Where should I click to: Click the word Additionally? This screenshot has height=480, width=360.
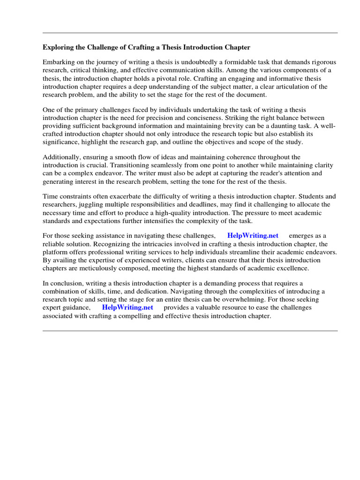[x=61, y=157]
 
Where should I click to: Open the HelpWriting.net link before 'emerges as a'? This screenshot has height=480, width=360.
[x=253, y=236]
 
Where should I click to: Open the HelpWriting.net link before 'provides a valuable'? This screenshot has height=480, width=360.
[x=127, y=307]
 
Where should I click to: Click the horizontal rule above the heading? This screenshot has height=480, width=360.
[x=190, y=33]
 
